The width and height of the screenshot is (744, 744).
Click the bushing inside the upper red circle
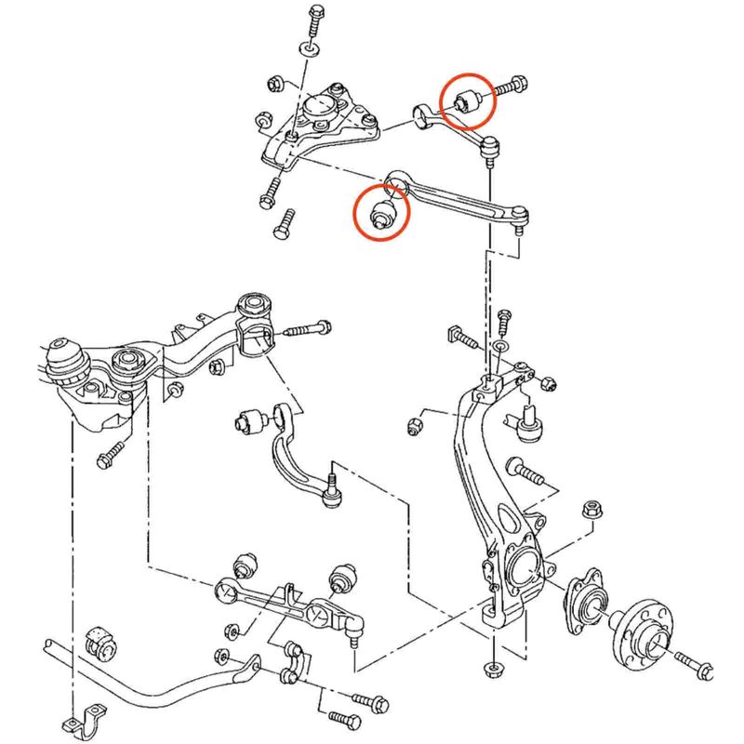coord(467,100)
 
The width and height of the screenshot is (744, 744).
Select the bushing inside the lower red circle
coord(382,212)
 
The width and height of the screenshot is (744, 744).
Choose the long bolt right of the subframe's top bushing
coord(306,328)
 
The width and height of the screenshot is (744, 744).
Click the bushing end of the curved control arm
coord(251,419)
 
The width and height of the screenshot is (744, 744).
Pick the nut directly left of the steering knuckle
coord(415,427)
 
